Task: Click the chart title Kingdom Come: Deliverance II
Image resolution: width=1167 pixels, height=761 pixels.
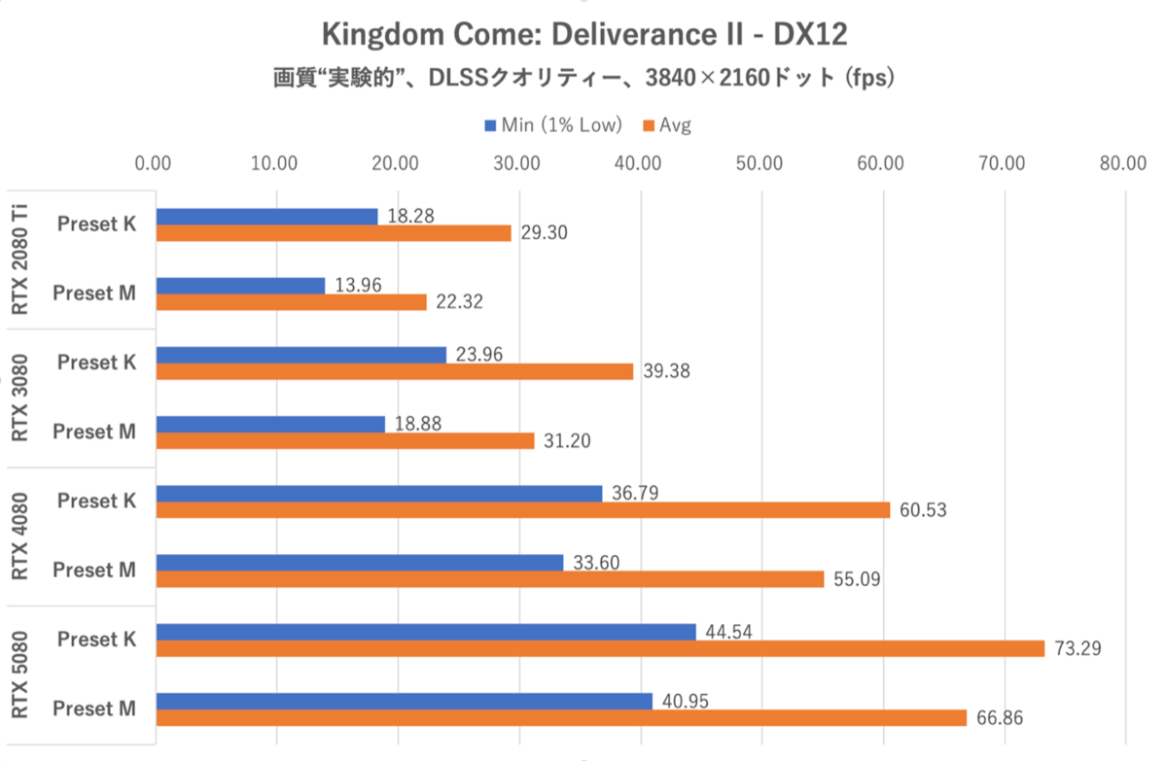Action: (583, 36)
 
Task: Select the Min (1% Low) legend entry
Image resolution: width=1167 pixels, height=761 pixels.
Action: (552, 124)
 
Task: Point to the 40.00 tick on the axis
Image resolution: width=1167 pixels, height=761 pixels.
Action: (640, 162)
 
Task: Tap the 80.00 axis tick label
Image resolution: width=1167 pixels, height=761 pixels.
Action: (1124, 162)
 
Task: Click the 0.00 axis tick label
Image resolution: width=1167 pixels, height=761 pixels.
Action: (155, 162)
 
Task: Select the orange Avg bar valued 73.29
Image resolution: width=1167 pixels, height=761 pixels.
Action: (599, 648)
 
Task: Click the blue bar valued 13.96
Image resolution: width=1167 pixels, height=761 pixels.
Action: (240, 286)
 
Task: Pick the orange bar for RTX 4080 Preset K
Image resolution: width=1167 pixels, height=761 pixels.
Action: (522, 509)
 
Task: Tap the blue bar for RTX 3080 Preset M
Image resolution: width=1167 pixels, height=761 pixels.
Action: (270, 424)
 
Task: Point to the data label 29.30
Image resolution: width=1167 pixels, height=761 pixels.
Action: (544, 233)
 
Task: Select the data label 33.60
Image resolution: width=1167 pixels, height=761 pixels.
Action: (595, 562)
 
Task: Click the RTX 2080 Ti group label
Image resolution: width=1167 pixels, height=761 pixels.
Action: (21, 259)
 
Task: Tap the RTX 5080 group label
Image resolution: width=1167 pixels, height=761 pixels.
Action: (21, 675)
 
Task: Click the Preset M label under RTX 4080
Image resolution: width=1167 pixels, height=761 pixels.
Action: (93, 571)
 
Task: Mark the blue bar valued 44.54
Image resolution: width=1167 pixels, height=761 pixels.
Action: (425, 632)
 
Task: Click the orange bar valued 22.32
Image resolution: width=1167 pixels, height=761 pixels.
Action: (291, 302)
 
